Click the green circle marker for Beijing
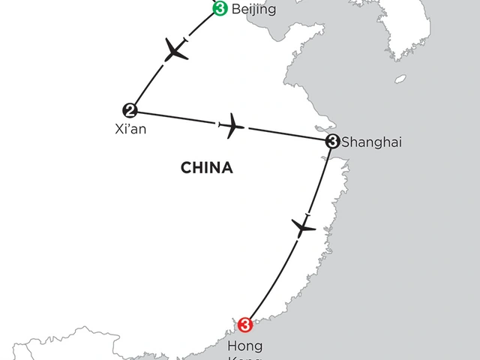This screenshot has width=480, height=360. pyautogui.click(x=220, y=9)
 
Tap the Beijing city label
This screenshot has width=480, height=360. pyautogui.click(x=255, y=10)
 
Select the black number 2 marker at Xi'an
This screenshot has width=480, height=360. pyautogui.click(x=130, y=110)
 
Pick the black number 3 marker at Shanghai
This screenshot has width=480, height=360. pyautogui.click(x=332, y=140)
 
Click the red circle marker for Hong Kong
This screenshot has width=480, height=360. pyautogui.click(x=244, y=325)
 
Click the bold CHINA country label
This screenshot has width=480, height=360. pyautogui.click(x=206, y=167)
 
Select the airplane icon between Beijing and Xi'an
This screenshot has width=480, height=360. pyautogui.click(x=176, y=50)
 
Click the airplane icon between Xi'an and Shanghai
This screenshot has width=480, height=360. pyautogui.click(x=233, y=125)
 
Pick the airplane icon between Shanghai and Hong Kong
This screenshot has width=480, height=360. pyautogui.click(x=303, y=225)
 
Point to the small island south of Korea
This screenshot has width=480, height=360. pyautogui.click(x=400, y=79)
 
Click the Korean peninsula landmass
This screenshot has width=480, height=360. pyautogui.click(x=409, y=30)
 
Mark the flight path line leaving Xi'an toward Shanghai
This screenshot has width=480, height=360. pyautogui.click(x=180, y=118)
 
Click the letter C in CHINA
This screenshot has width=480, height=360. pyautogui.click(x=185, y=167)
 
